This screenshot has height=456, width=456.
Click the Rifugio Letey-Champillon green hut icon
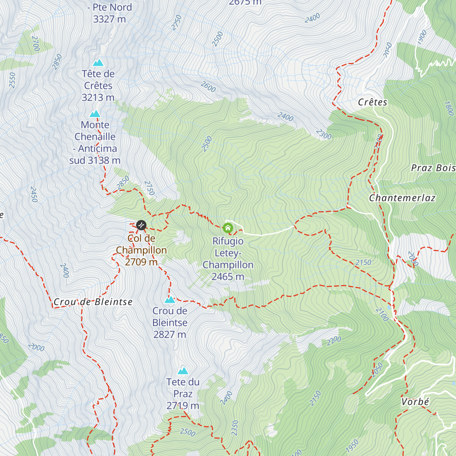coord(228,228)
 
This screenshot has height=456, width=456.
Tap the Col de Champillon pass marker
coord(141,225)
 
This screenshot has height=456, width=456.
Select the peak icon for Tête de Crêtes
coord(98,63)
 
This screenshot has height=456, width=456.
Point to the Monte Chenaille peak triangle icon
coord(95,114)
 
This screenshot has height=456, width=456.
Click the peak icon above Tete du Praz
coord(183,370)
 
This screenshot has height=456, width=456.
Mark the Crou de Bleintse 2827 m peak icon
coord(169,300)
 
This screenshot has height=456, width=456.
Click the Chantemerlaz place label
coord(402,198)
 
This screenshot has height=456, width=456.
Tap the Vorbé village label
coord(415,402)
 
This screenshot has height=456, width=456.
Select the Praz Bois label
coord(433,168)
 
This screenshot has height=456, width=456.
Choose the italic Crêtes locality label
coord(373,102)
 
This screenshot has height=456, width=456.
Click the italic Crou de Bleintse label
coord(93,302)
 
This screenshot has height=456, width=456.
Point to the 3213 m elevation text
coord(98,98)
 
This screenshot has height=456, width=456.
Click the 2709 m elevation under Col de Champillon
coord(141,262)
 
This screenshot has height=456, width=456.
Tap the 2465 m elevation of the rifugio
coord(228,277)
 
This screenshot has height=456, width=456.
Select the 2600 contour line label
coord(208,87)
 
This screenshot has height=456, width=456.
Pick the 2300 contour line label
coord(323,134)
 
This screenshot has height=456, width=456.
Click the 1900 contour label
coord(421,37)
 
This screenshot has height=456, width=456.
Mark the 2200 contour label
coord(334,340)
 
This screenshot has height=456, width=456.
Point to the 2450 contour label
coord(34,195)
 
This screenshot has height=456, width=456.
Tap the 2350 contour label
coord(235,428)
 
